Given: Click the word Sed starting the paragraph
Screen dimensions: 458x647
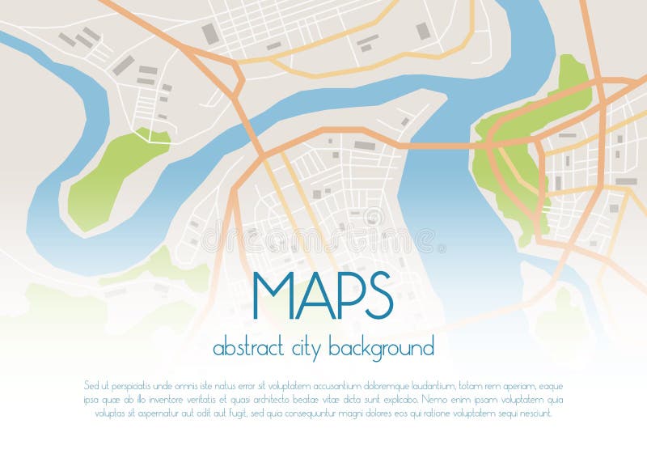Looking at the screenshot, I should (90, 385).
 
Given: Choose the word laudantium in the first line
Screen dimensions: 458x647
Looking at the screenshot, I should (433, 385).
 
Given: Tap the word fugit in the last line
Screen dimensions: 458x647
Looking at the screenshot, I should (238, 413).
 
